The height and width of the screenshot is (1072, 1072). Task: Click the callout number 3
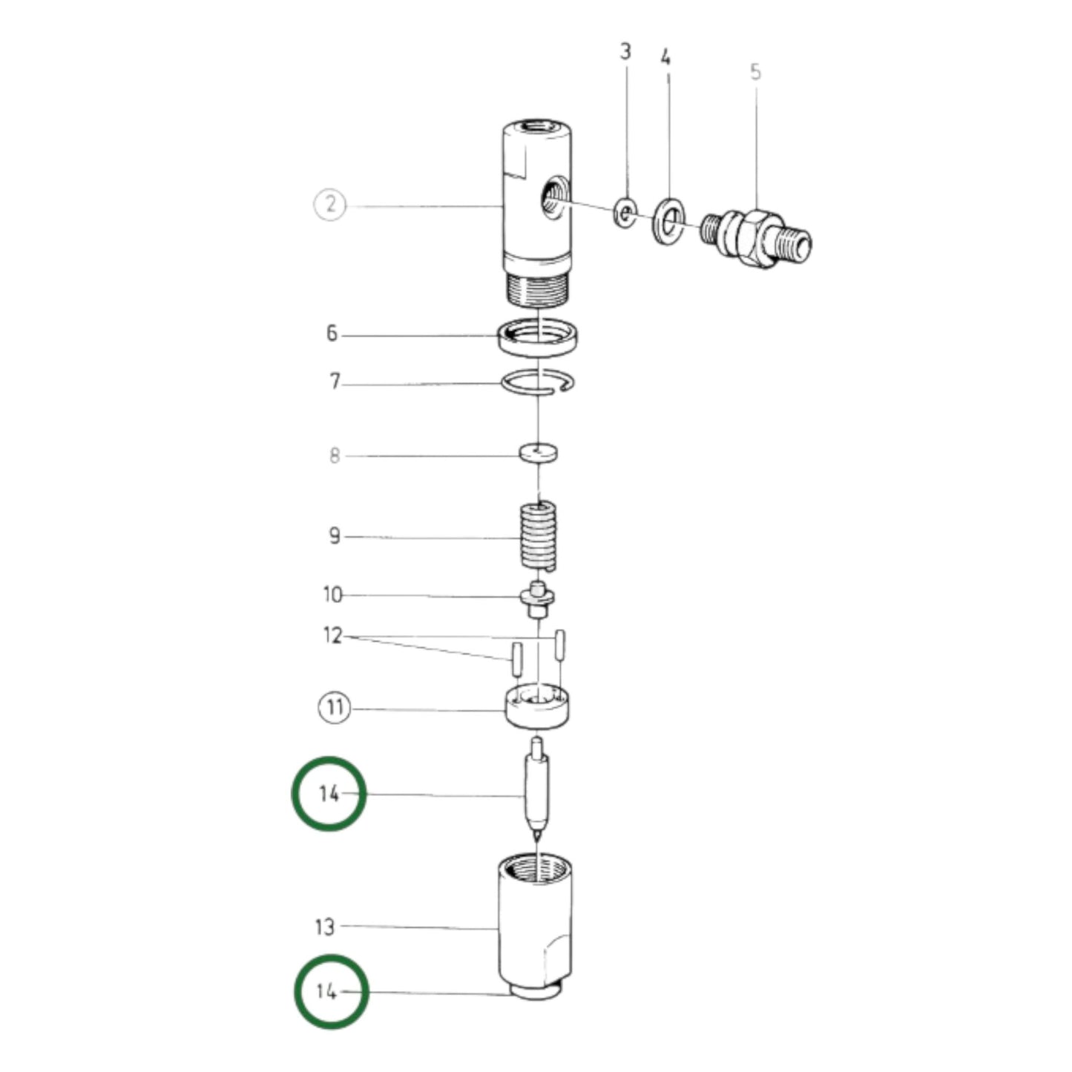tap(625, 52)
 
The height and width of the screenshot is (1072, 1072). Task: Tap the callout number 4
tap(665, 58)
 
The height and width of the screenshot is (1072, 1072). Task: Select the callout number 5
tap(755, 72)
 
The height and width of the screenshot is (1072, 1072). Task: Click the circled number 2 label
tap(331, 204)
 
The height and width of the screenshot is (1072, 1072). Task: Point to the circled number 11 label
tap(334, 707)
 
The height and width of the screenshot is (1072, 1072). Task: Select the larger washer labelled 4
tap(669, 220)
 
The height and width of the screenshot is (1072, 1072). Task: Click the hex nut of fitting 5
tap(757, 236)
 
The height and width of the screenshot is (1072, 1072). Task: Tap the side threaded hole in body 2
tap(553, 198)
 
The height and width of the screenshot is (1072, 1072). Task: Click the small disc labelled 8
tap(539, 452)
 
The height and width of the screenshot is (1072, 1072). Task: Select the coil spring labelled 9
tap(539, 536)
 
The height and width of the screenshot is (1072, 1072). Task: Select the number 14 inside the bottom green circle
tap(327, 992)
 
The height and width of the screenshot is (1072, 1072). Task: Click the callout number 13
tap(325, 927)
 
